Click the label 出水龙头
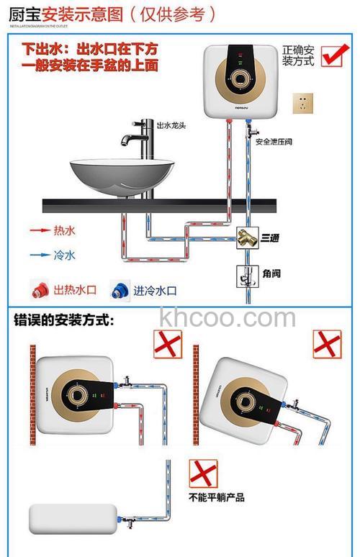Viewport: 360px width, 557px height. point(171,124)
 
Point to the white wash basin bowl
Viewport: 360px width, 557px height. point(114,175)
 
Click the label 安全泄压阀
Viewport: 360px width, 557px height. point(274,142)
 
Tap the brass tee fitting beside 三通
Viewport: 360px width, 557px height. point(248,237)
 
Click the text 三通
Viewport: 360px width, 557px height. point(270,237)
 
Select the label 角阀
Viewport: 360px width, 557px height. point(271,274)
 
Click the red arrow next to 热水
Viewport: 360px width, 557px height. point(40,231)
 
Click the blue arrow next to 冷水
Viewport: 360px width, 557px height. point(40,254)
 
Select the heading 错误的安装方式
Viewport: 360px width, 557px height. point(64,320)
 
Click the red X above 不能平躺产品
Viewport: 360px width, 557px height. point(203,474)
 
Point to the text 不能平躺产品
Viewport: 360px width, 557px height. point(217,497)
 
